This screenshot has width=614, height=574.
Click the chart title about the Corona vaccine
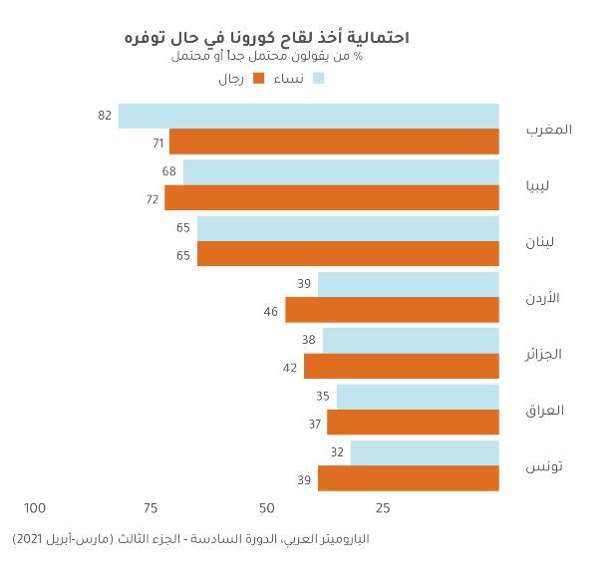click(x=266, y=37)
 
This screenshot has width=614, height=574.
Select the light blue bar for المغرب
click(x=308, y=116)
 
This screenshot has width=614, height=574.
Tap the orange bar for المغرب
click(x=334, y=142)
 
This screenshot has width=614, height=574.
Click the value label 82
click(x=105, y=116)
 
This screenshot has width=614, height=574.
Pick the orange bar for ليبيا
click(x=332, y=197)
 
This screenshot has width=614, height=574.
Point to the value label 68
click(x=169, y=172)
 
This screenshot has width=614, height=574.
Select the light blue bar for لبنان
click(x=348, y=228)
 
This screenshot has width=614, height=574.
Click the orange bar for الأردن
click(x=392, y=310)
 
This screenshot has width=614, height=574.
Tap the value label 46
click(x=271, y=311)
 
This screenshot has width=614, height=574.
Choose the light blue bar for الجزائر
click(x=411, y=341)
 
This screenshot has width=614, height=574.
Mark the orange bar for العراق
click(x=413, y=423)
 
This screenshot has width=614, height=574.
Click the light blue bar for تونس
click(x=425, y=452)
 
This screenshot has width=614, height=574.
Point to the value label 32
click(x=337, y=452)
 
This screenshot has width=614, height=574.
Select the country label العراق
click(x=544, y=410)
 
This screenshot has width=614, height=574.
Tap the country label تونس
click(x=545, y=465)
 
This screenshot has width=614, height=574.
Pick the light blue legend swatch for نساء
click(x=319, y=79)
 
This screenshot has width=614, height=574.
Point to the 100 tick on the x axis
click(x=35, y=508)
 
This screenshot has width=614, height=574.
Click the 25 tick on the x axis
click(x=383, y=508)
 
